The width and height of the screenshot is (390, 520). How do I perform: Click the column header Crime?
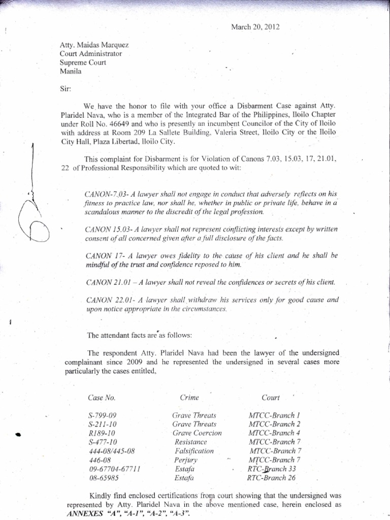(x=189, y=397)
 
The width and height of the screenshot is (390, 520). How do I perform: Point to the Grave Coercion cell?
(x=197, y=433)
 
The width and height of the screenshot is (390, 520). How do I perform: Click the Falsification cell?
(x=194, y=451)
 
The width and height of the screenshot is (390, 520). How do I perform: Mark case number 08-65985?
(x=104, y=478)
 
